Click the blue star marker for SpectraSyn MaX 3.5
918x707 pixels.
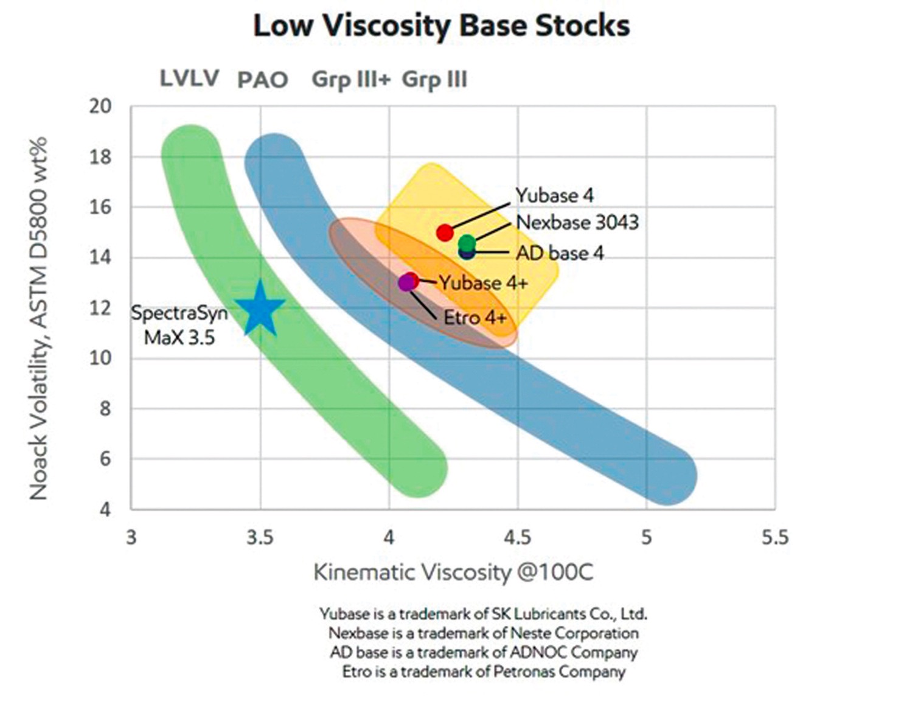pyautogui.click(x=260, y=310)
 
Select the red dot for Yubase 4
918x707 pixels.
pyautogui.click(x=445, y=232)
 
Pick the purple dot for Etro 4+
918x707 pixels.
pyautogui.click(x=406, y=283)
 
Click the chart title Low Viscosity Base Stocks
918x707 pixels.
pyautogui.click(x=441, y=26)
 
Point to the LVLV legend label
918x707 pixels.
pyautogui.click(x=189, y=78)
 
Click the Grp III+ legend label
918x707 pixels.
pyautogui.click(x=351, y=80)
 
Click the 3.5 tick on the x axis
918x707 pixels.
pyautogui.click(x=260, y=538)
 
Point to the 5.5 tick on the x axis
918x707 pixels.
pyautogui.click(x=774, y=538)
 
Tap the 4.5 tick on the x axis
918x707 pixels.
pyautogui.click(x=518, y=538)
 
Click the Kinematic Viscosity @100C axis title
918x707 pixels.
pyautogui.click(x=453, y=573)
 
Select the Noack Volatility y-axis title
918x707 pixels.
pyautogui.click(x=39, y=318)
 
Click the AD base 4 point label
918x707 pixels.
pyautogui.click(x=560, y=253)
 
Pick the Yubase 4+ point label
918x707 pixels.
pyautogui.click(x=484, y=283)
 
